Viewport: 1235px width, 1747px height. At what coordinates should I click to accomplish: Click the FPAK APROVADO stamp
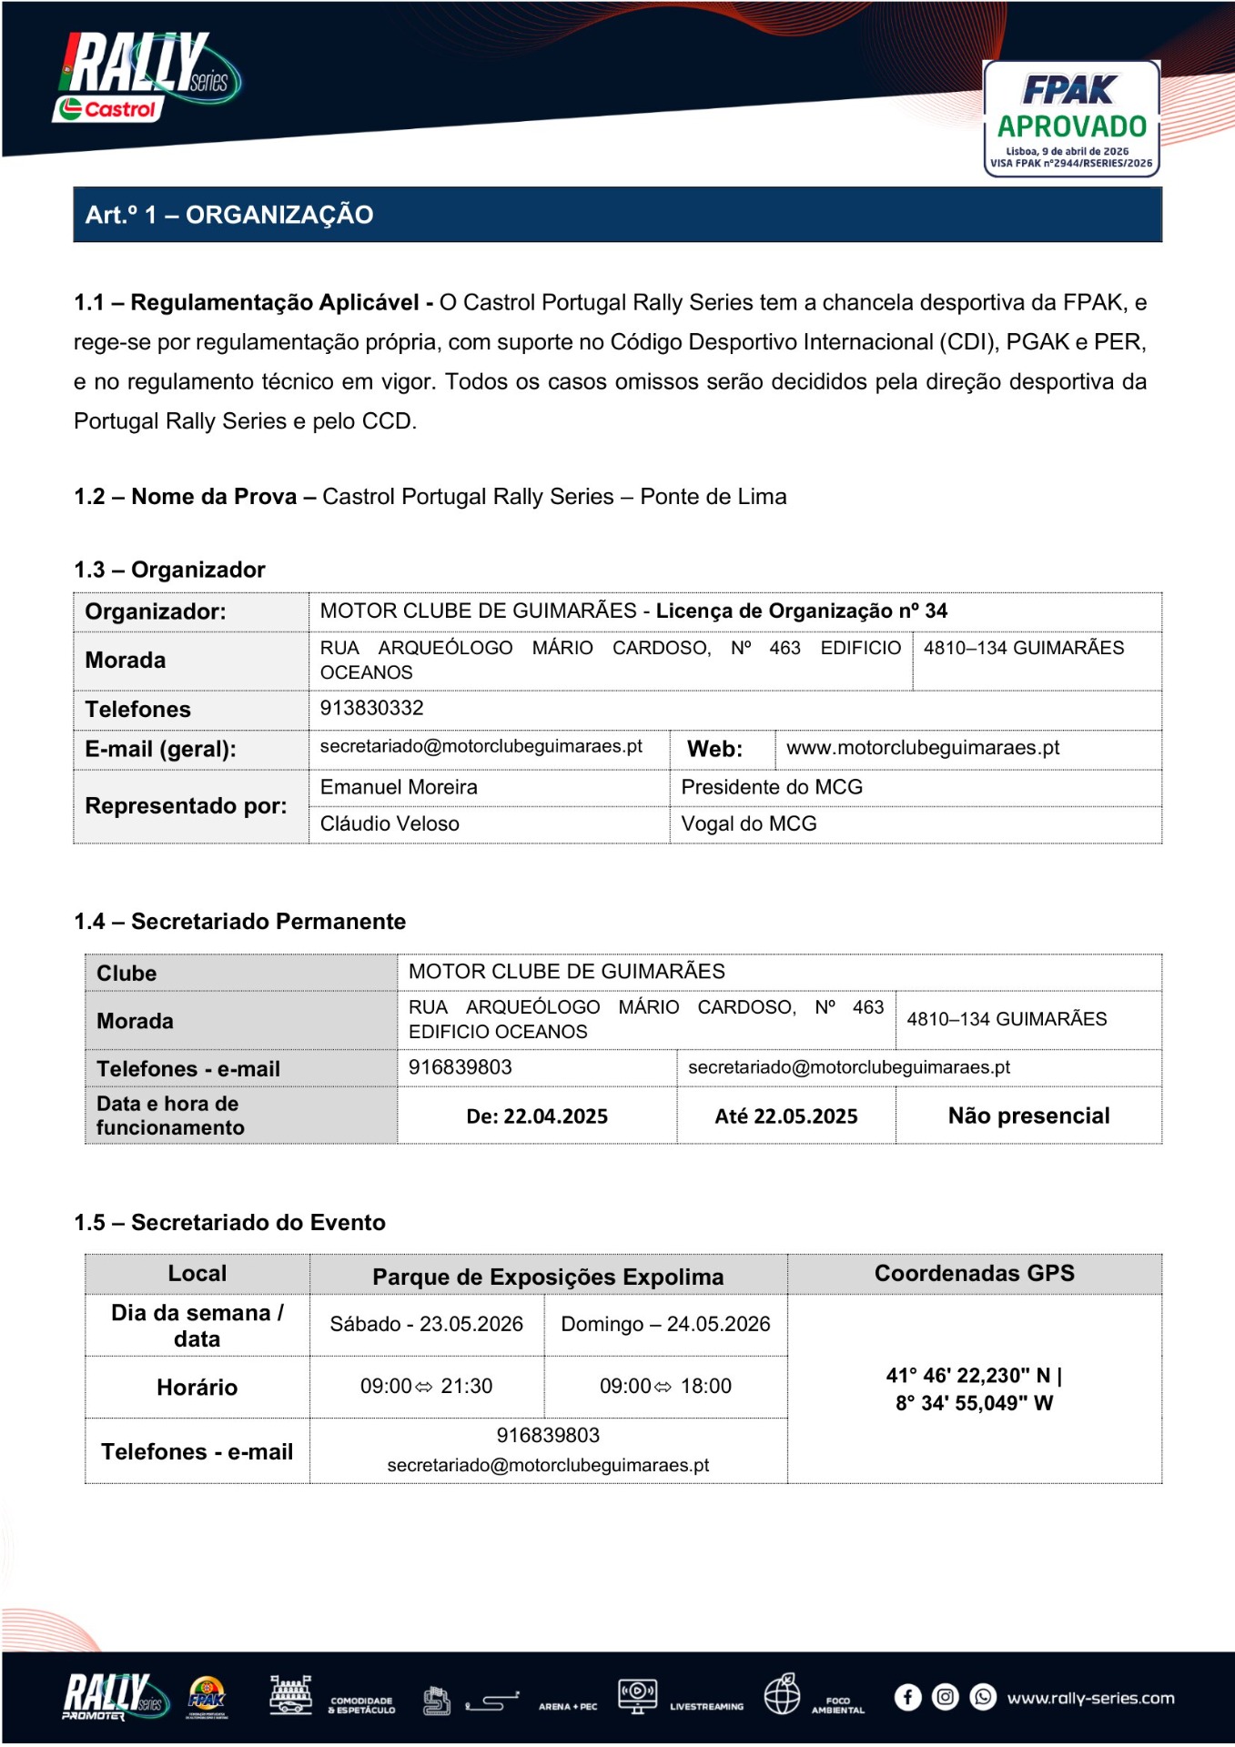(x=1071, y=118)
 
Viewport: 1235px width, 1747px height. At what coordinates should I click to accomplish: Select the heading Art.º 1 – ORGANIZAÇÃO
(x=229, y=215)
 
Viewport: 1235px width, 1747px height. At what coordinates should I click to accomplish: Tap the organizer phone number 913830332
(x=371, y=708)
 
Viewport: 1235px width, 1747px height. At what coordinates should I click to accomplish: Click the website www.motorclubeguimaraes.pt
(x=923, y=748)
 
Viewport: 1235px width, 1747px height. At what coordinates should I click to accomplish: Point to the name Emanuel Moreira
(x=399, y=787)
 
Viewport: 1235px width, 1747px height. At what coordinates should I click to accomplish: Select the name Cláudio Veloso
(x=390, y=823)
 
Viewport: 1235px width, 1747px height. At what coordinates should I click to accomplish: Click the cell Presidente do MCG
(x=772, y=787)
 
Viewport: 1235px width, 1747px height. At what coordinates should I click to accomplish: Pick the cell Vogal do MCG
(x=749, y=823)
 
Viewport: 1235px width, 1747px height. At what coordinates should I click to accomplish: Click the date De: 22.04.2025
(x=537, y=1116)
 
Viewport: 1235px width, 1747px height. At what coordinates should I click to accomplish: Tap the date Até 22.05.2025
(x=786, y=1116)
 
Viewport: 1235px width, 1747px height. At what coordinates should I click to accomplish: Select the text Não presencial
(x=1028, y=1116)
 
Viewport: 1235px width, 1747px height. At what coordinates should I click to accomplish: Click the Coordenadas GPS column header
(x=974, y=1273)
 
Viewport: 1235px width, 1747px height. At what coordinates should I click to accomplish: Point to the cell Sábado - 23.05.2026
(x=426, y=1324)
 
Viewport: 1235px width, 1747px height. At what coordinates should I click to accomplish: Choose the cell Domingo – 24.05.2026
(x=665, y=1324)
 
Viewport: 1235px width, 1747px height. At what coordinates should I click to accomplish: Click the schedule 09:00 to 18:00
(x=665, y=1386)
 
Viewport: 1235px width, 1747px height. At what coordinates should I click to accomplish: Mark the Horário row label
(x=197, y=1387)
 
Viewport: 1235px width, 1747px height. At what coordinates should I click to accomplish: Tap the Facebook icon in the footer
(x=907, y=1697)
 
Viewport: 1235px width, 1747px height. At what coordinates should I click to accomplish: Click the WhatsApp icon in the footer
(x=983, y=1697)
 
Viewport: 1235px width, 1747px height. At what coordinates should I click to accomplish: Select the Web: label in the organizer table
(x=714, y=749)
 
